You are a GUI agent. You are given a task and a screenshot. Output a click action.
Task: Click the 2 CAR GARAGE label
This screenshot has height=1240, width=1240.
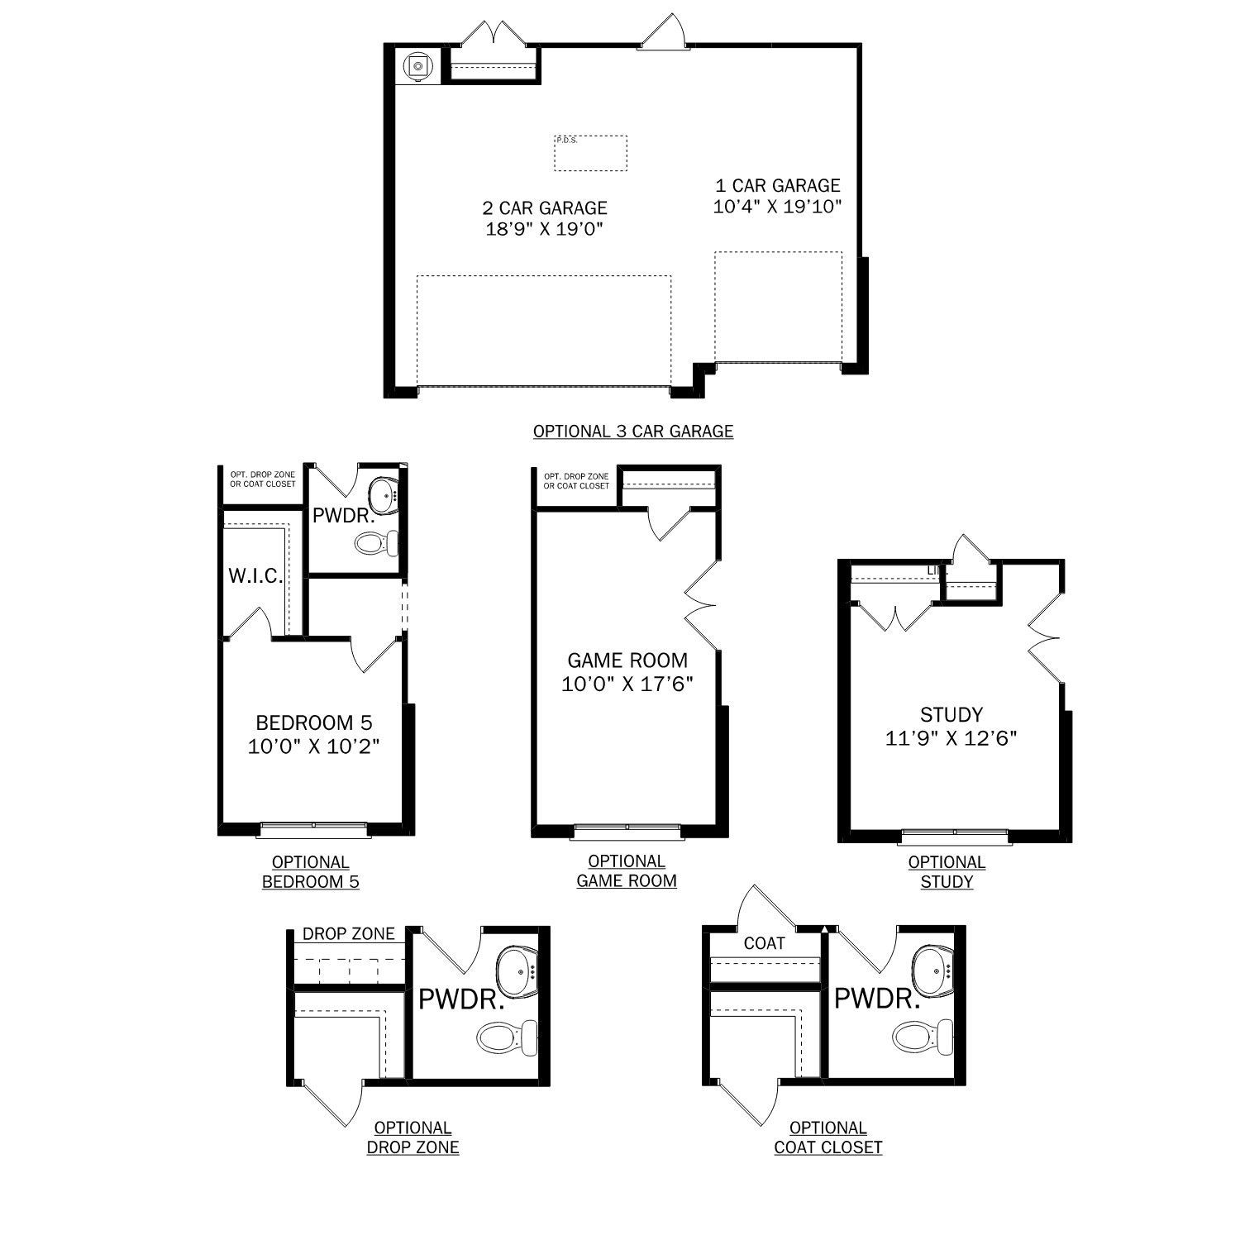click(545, 207)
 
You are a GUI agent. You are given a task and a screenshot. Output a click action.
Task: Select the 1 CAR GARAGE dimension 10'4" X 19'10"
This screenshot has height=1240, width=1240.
click(777, 207)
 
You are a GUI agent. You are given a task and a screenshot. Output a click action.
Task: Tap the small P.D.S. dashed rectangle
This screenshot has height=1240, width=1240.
click(590, 153)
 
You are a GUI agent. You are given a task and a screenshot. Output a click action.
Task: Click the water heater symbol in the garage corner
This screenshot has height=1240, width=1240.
click(418, 65)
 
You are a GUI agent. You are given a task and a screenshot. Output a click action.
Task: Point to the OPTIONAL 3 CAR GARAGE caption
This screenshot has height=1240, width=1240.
click(633, 431)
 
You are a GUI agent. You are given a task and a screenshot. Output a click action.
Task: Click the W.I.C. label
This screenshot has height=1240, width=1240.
click(255, 576)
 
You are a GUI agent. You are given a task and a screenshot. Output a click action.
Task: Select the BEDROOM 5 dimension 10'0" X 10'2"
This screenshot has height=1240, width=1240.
click(314, 746)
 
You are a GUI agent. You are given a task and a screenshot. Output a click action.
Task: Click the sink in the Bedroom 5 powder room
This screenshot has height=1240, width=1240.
click(384, 495)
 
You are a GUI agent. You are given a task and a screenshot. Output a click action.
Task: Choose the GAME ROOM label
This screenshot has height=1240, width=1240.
click(627, 661)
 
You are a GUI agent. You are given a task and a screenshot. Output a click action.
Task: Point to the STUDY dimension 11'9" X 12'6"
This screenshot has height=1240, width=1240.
click(951, 738)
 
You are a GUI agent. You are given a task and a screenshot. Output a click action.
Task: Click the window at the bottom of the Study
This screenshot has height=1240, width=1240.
click(954, 833)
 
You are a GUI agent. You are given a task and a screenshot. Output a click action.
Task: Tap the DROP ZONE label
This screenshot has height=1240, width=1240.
click(348, 934)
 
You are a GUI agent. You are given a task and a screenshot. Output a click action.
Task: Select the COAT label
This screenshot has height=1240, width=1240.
click(764, 943)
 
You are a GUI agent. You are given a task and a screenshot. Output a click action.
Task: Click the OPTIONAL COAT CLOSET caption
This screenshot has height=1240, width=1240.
click(827, 1137)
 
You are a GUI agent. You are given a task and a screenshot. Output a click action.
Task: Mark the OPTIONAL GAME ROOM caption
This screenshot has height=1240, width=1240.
click(627, 871)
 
